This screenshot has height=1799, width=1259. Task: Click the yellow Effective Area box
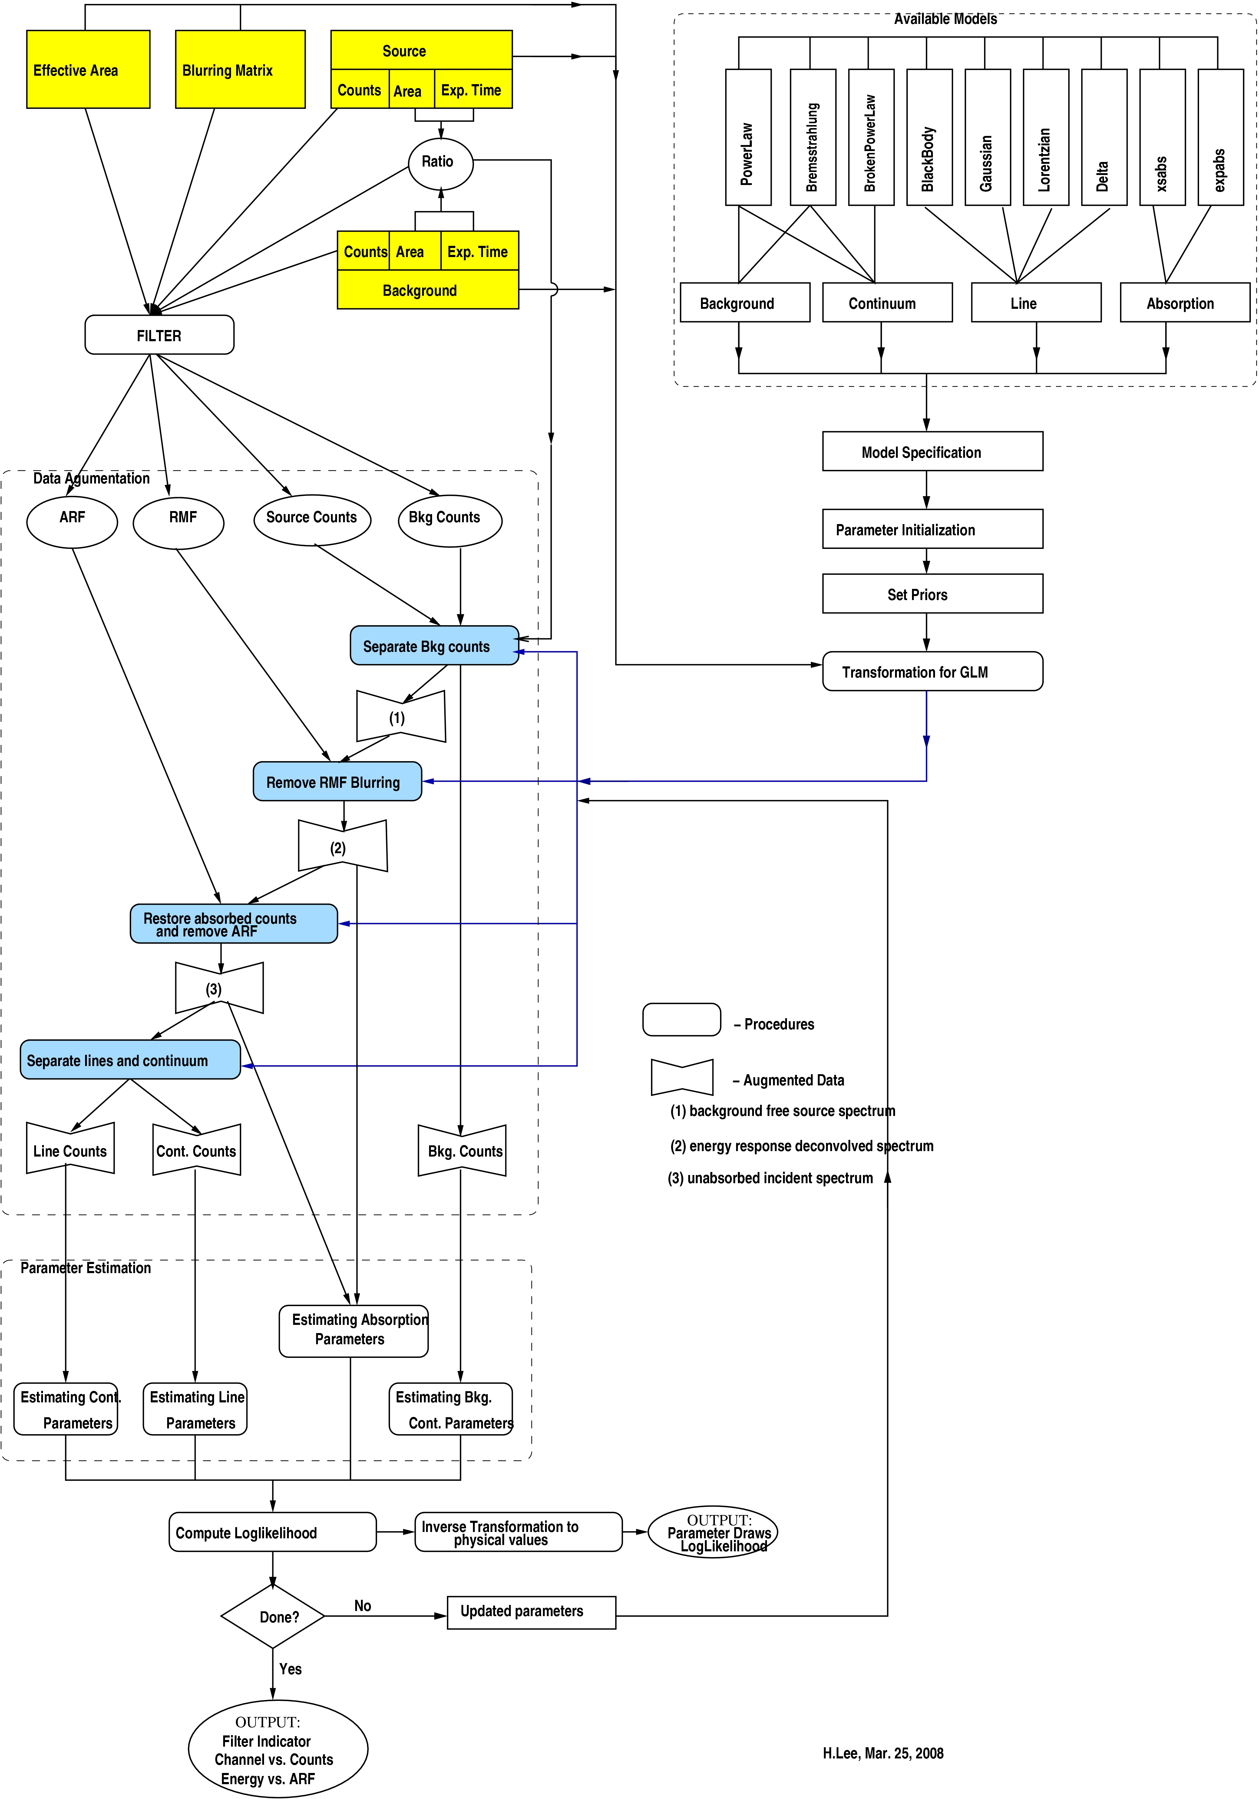click(x=88, y=70)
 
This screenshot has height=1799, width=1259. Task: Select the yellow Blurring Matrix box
click(x=240, y=70)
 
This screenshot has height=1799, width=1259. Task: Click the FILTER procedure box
click(x=159, y=335)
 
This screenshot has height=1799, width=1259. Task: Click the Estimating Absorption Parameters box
click(x=353, y=1330)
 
